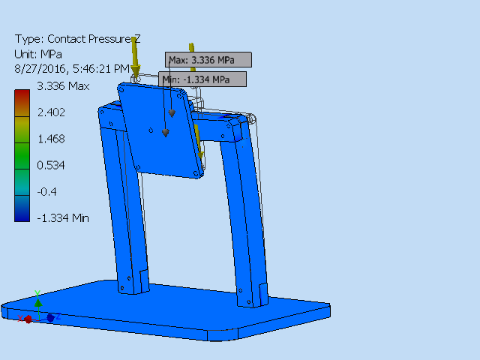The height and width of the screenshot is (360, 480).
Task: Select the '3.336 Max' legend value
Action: tap(63, 86)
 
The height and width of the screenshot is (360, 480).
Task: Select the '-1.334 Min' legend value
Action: tap(63, 217)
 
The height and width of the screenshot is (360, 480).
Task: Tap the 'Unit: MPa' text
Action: tap(38, 54)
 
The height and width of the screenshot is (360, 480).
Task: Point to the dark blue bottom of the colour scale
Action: tap(22, 214)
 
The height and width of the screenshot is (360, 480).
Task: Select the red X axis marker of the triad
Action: tap(28, 319)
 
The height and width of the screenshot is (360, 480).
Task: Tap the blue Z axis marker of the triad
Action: tap(50, 318)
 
